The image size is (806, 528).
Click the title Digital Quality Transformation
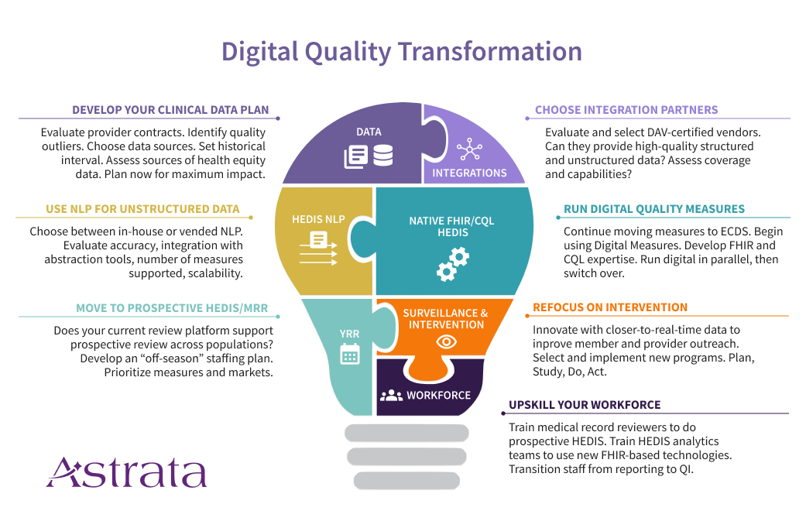click(402, 53)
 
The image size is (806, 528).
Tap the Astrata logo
click(126, 472)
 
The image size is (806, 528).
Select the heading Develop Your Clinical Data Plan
click(170, 110)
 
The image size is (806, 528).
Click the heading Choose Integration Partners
click(626, 110)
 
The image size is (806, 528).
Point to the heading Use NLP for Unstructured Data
click(142, 209)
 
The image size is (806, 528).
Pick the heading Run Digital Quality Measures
click(653, 209)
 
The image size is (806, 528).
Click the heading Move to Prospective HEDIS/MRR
click(172, 308)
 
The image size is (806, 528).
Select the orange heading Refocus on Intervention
click(609, 307)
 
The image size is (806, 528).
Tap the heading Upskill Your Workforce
click(585, 405)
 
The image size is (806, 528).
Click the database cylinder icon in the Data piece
click(383, 156)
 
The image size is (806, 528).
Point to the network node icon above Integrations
click(469, 149)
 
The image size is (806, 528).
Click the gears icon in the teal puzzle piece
click(453, 264)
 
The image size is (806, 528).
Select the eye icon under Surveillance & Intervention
click(446, 342)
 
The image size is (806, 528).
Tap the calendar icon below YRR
click(350, 354)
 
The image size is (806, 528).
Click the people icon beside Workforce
click(391, 396)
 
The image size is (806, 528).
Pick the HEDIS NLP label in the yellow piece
click(318, 220)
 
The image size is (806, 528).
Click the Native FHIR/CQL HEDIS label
click(452, 227)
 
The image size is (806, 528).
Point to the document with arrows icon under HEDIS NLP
click(319, 249)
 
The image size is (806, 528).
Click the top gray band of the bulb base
click(406, 433)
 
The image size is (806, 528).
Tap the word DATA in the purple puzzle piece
click(369, 132)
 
